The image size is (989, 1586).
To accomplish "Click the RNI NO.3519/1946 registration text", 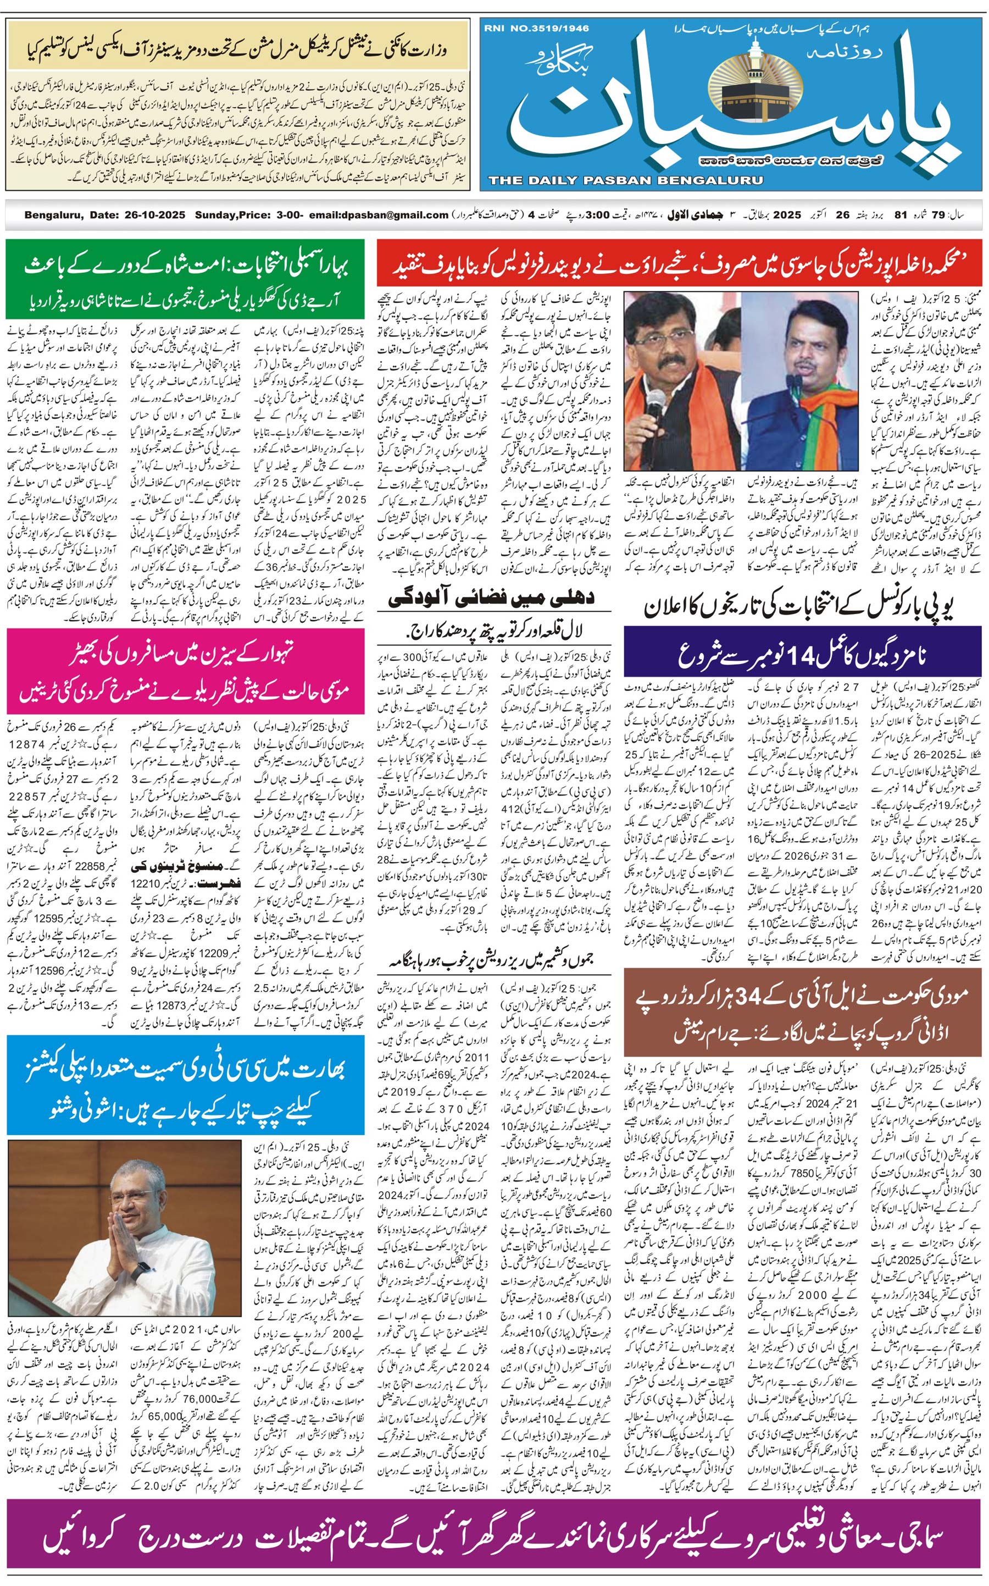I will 536,28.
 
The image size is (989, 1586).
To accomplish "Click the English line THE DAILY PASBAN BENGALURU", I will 625,180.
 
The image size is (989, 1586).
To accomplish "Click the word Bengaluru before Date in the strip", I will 53,214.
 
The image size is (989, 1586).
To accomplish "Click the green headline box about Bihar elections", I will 186,279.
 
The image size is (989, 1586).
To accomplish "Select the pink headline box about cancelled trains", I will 186,671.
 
